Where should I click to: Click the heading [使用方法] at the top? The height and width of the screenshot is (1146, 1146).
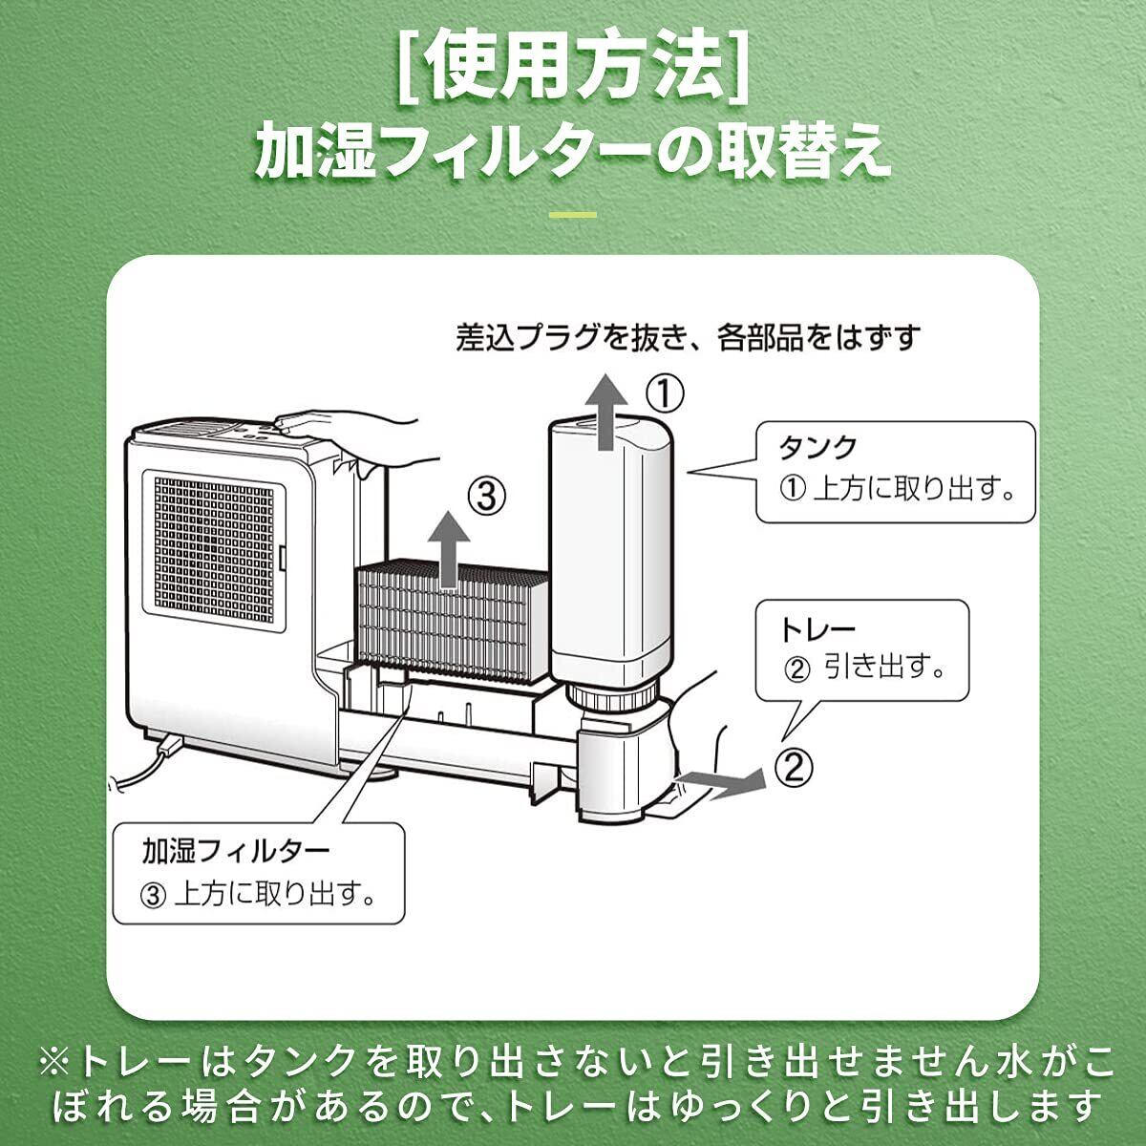click(x=573, y=67)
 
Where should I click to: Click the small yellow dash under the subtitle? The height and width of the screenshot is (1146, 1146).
click(x=573, y=214)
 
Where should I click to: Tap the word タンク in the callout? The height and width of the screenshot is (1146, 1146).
click(x=818, y=447)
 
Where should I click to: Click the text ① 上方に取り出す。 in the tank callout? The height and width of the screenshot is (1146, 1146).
click(x=896, y=489)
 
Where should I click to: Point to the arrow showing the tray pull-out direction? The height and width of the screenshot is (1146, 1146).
click(x=731, y=780)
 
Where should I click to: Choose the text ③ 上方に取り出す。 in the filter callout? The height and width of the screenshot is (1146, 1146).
click(x=256, y=895)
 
